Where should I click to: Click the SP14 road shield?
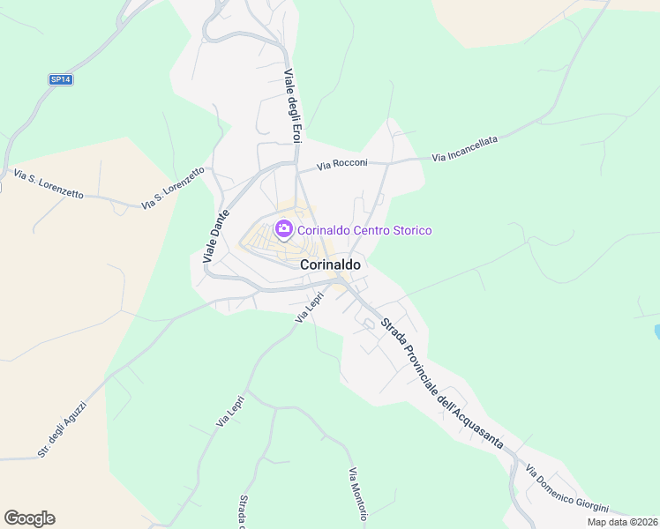[x=60, y=79]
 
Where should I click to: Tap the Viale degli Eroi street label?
[x=293, y=106]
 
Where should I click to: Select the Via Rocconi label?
[x=342, y=164]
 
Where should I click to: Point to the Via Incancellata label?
[x=465, y=147]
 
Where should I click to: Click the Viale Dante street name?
[x=216, y=235]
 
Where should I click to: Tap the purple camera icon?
[x=284, y=230]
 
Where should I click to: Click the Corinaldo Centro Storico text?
[x=364, y=230]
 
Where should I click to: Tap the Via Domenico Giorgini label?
[x=566, y=490]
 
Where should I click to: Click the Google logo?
[x=29, y=518]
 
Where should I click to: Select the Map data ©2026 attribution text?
[x=622, y=522]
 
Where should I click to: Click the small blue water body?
[x=656, y=332]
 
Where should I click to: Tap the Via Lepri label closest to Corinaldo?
[x=311, y=307]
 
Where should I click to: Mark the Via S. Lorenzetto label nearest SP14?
[x=49, y=184]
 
